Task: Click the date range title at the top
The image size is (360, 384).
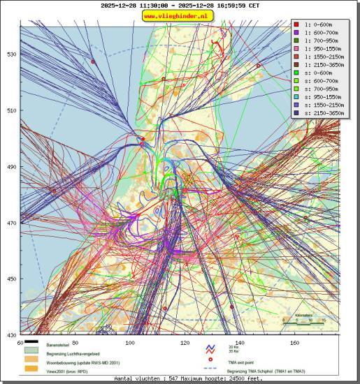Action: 180,6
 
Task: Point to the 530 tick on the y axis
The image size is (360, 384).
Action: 12,54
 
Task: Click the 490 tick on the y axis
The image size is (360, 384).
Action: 12,167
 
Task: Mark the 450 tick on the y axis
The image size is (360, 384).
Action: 12,279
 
